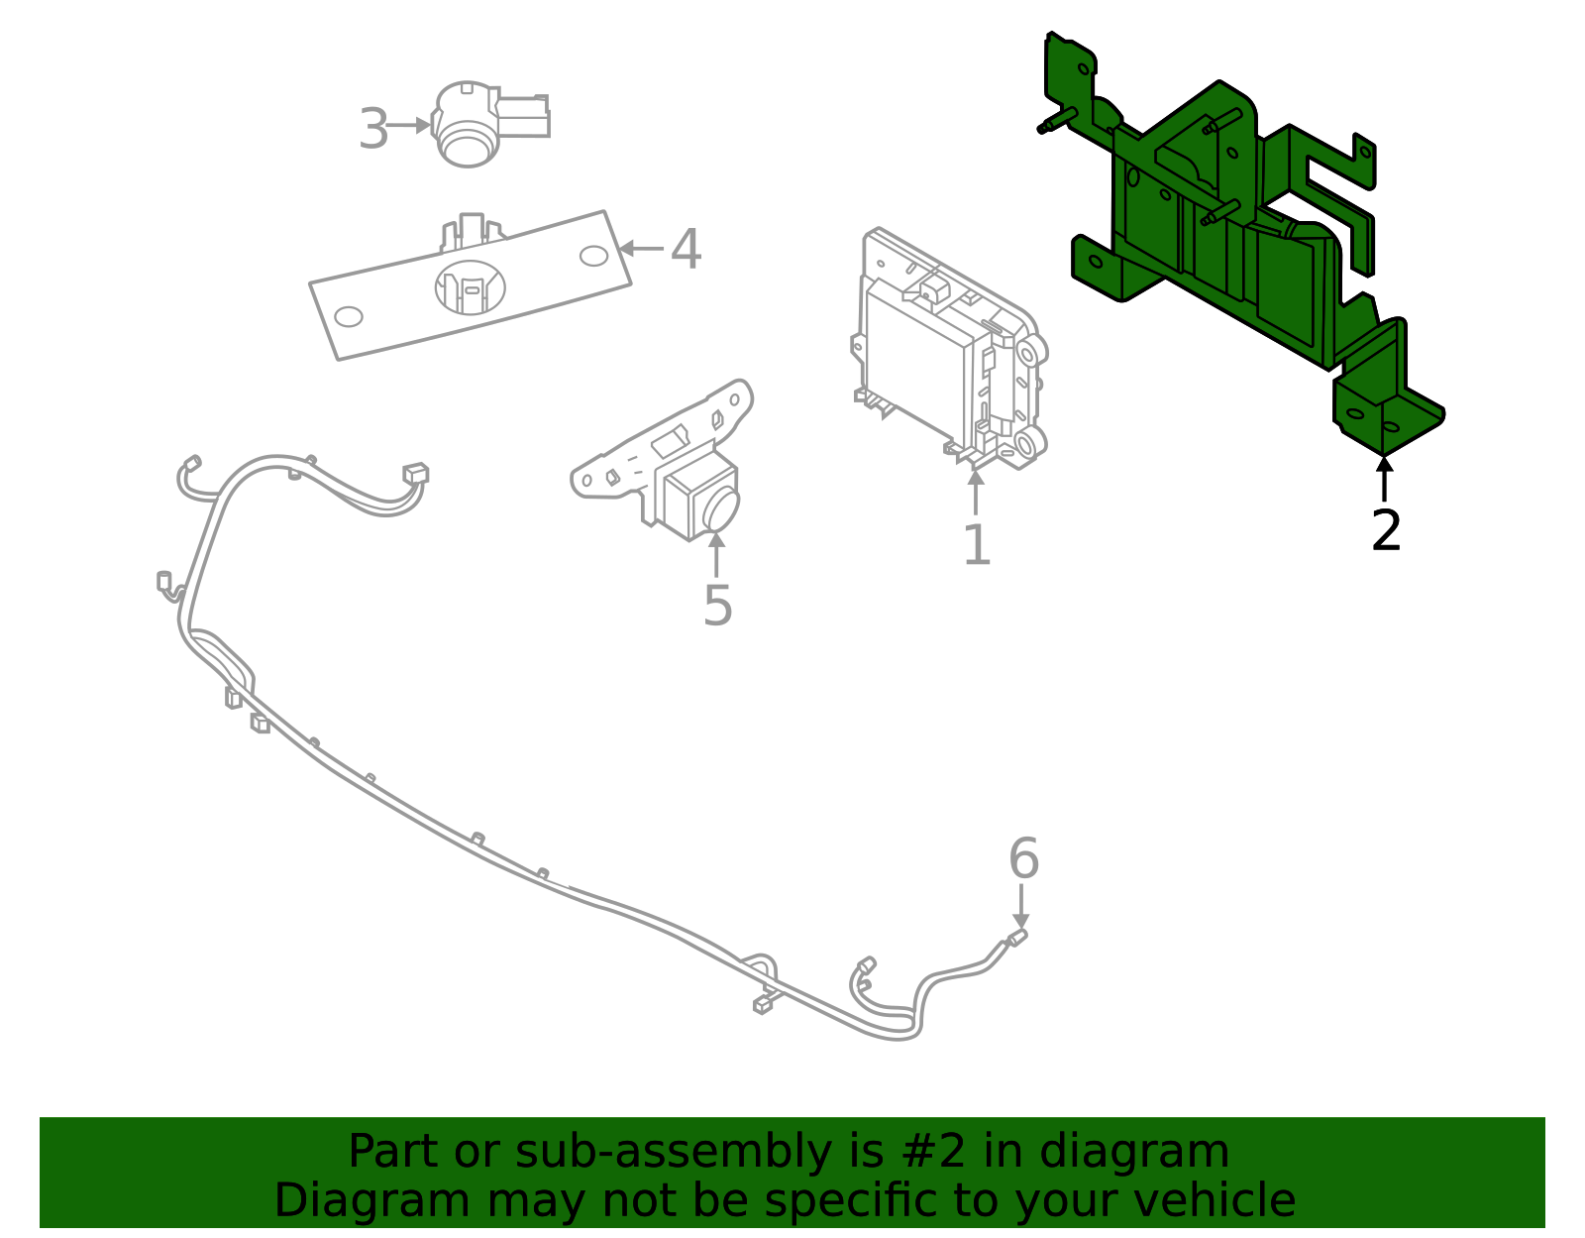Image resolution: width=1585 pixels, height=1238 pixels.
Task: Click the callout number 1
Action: click(x=976, y=544)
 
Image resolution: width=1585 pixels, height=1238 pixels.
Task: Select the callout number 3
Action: click(x=373, y=129)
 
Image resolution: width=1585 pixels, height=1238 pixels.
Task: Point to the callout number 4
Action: click(x=686, y=249)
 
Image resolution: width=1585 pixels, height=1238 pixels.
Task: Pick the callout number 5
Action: click(x=717, y=605)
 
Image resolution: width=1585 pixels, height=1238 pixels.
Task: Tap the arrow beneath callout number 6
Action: click(x=1021, y=907)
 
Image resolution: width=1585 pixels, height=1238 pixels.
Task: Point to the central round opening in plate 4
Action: click(x=470, y=287)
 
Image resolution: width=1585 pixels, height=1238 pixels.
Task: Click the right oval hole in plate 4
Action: click(x=593, y=256)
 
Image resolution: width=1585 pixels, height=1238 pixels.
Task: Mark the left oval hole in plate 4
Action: click(x=349, y=317)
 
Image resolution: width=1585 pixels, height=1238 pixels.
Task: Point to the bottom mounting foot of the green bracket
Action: click(x=1387, y=421)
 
